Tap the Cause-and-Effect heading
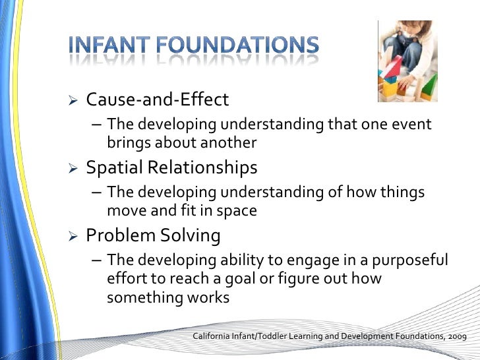(158, 100)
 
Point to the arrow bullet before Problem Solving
(74, 236)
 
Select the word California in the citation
(214, 337)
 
